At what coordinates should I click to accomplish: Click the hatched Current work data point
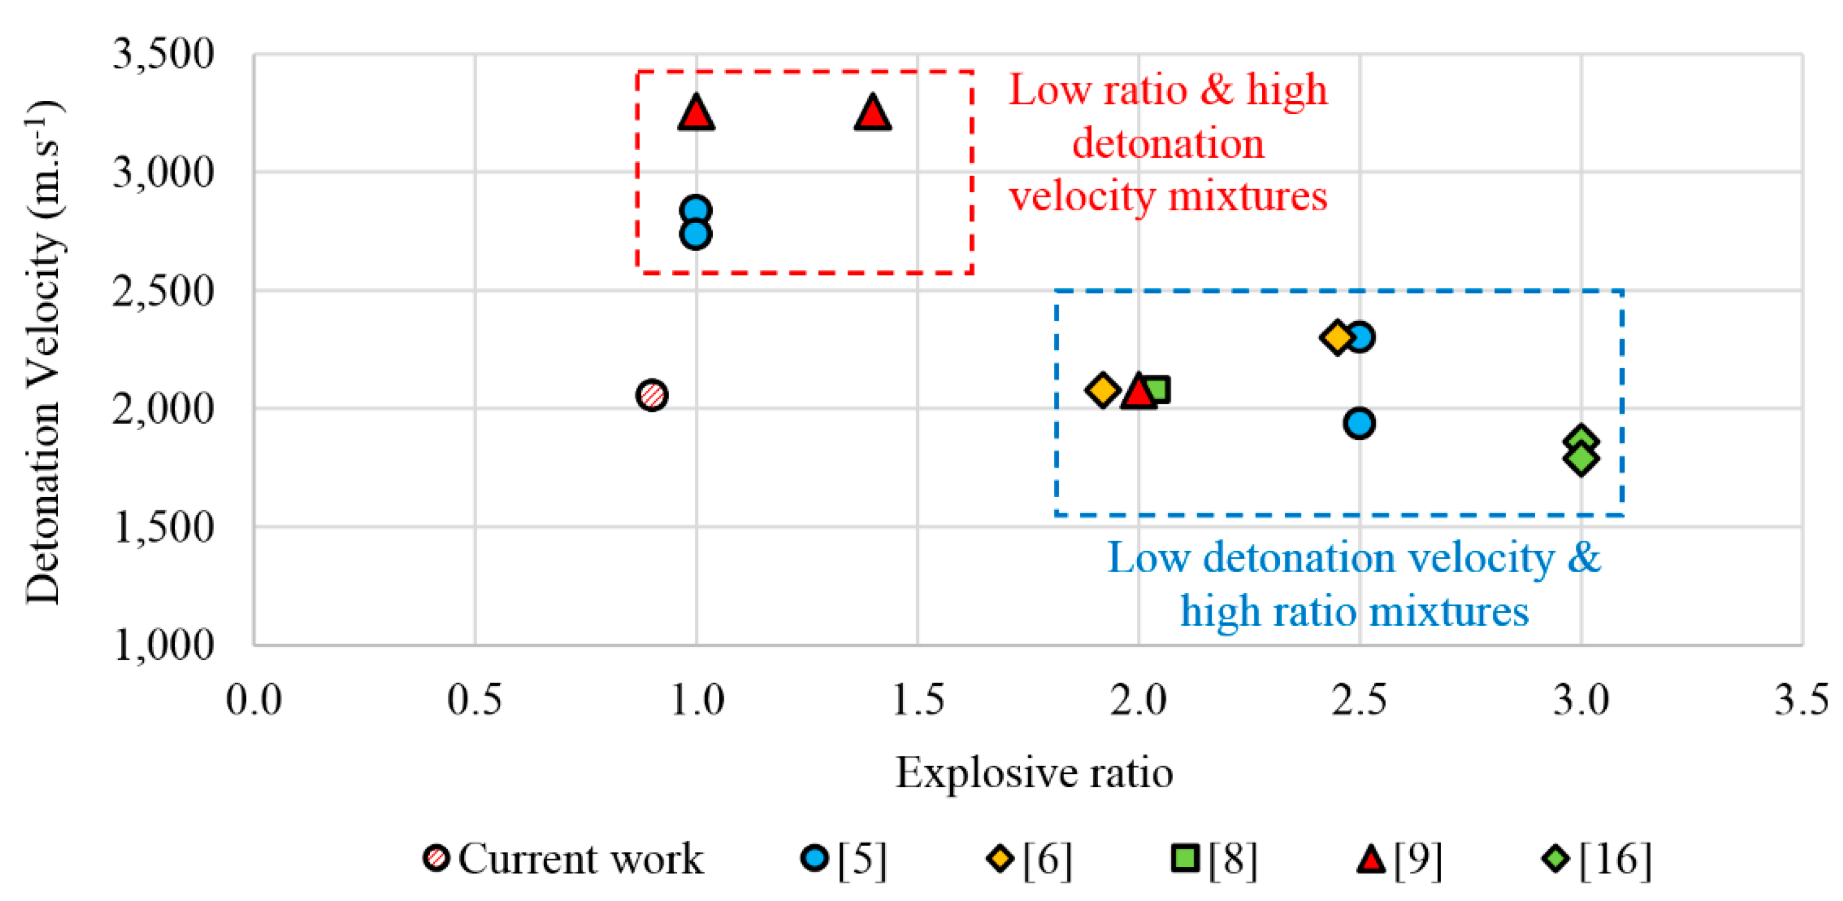(x=652, y=395)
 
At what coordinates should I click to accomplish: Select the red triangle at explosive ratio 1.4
(x=872, y=113)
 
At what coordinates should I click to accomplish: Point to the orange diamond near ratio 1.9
(x=1102, y=390)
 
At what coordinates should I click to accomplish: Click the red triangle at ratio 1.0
(x=695, y=113)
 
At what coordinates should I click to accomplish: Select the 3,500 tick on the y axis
(x=163, y=54)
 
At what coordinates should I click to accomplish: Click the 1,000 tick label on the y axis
(x=163, y=645)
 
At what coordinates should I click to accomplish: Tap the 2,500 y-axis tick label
(x=163, y=291)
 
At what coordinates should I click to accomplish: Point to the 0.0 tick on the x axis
(x=254, y=700)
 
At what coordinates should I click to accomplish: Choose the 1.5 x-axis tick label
(x=917, y=700)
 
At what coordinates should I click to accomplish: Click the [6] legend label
(x=1047, y=859)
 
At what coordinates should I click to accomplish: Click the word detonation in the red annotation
(x=1168, y=143)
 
